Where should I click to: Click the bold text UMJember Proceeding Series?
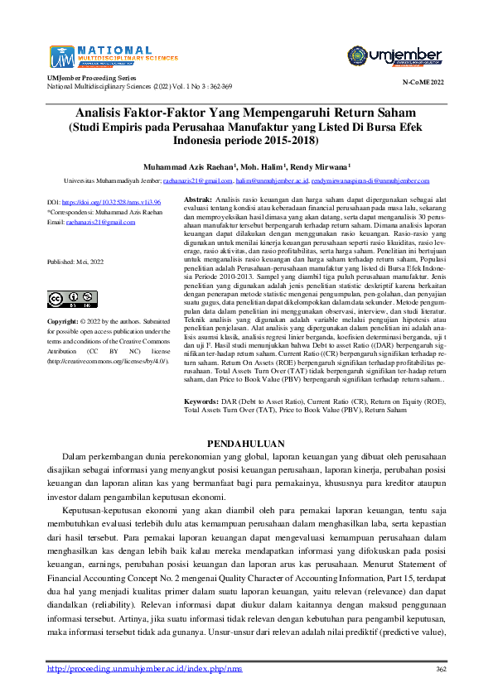click(90, 77)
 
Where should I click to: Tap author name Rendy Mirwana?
click(318, 165)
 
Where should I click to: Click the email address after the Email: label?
click(102, 222)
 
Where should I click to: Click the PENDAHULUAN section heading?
click(245, 444)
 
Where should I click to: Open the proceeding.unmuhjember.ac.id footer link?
click(144, 669)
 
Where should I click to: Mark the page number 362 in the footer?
click(441, 669)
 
